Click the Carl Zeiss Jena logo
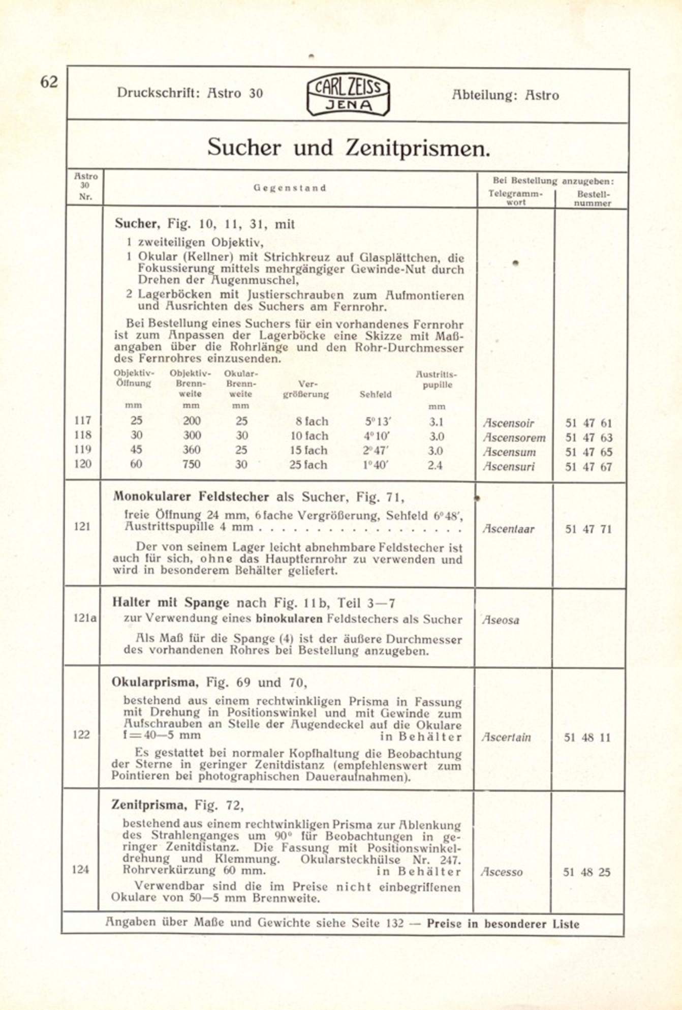tap(348, 95)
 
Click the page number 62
tap(49, 82)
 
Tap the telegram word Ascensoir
tap(508, 423)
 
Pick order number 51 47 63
tap(588, 437)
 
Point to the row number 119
tap(82, 450)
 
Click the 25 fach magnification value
tap(308, 465)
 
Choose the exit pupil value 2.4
tap(435, 465)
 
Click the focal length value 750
tap(191, 464)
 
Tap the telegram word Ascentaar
tap(508, 529)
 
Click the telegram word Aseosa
tap(501, 620)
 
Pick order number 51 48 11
tap(587, 737)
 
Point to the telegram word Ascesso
tap(502, 872)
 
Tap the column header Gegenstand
tap(290, 188)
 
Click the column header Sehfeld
tap(376, 394)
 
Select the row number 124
tap(81, 869)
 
